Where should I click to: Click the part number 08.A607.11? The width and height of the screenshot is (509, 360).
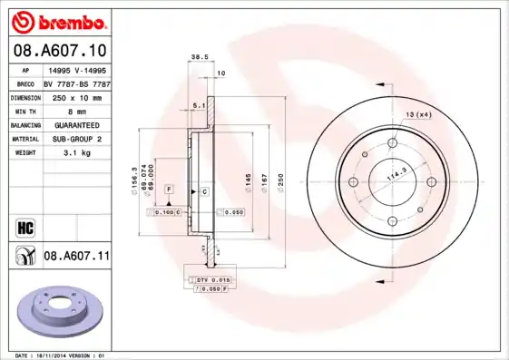coord(76,257)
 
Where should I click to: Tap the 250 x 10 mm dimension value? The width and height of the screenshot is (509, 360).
coord(75,96)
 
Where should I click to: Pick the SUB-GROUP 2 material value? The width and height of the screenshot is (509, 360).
coord(75,139)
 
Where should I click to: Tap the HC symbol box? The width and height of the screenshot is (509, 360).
coord(24,225)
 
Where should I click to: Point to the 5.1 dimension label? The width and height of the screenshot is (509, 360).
coord(199,105)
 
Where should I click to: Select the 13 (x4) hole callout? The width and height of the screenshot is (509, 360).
coord(418,113)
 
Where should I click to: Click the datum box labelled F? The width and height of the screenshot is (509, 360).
coord(168,189)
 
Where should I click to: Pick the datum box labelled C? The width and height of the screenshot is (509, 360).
coord(205,191)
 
